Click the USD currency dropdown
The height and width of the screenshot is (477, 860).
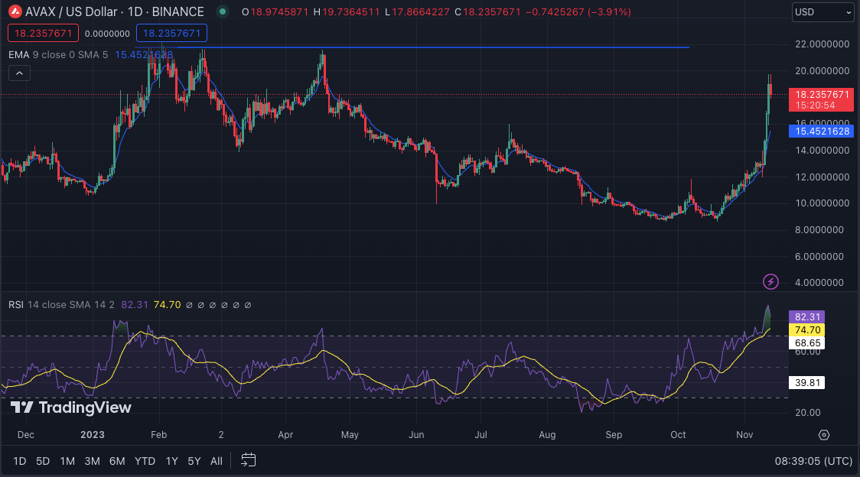click(823, 12)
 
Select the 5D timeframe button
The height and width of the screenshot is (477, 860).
click(43, 461)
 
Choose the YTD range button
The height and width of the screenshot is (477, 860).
click(145, 461)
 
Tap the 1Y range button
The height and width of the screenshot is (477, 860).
click(172, 461)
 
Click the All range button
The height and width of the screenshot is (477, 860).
click(217, 461)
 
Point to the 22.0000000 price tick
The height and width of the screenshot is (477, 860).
click(823, 44)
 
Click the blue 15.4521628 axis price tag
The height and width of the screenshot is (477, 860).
click(823, 131)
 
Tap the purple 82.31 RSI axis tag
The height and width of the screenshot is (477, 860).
click(807, 316)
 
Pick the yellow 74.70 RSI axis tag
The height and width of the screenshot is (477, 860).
click(807, 330)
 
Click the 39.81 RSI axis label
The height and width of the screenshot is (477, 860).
click(807, 383)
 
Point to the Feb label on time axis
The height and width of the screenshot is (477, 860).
click(158, 435)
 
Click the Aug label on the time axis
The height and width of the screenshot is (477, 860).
click(547, 435)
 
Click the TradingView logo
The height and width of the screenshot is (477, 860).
click(72, 407)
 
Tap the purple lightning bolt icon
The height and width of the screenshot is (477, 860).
click(771, 282)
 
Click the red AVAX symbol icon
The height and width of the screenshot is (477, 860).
click(16, 12)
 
